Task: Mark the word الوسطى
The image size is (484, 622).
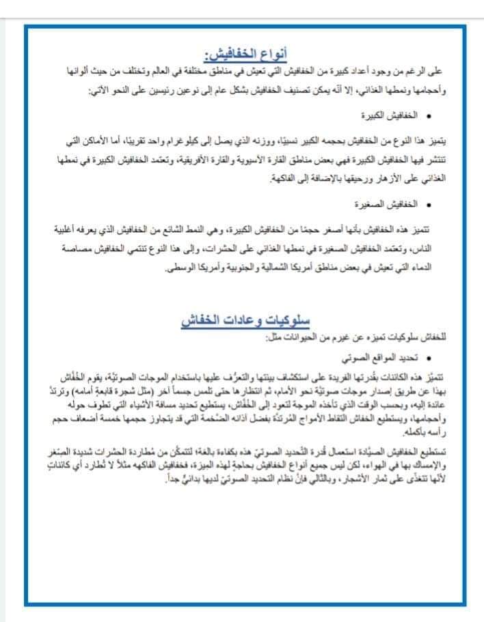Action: point(180,269)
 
